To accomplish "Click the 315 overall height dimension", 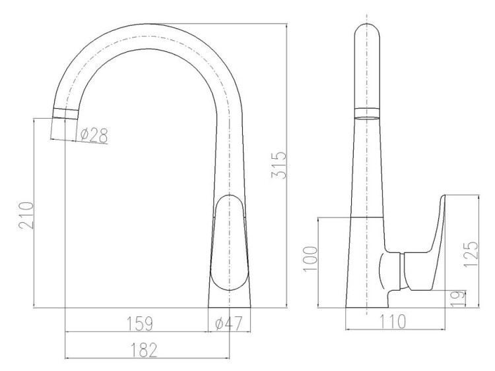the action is (x=279, y=165).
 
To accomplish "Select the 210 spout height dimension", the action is (x=26, y=216).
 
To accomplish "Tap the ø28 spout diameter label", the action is (x=94, y=136).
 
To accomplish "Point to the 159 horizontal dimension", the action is (x=140, y=324).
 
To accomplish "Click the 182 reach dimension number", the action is (x=144, y=350).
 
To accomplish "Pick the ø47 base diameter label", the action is (x=229, y=324).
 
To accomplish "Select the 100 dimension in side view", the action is (x=310, y=258).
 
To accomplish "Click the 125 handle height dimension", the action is (x=471, y=254).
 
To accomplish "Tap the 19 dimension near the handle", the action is (x=458, y=299).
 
